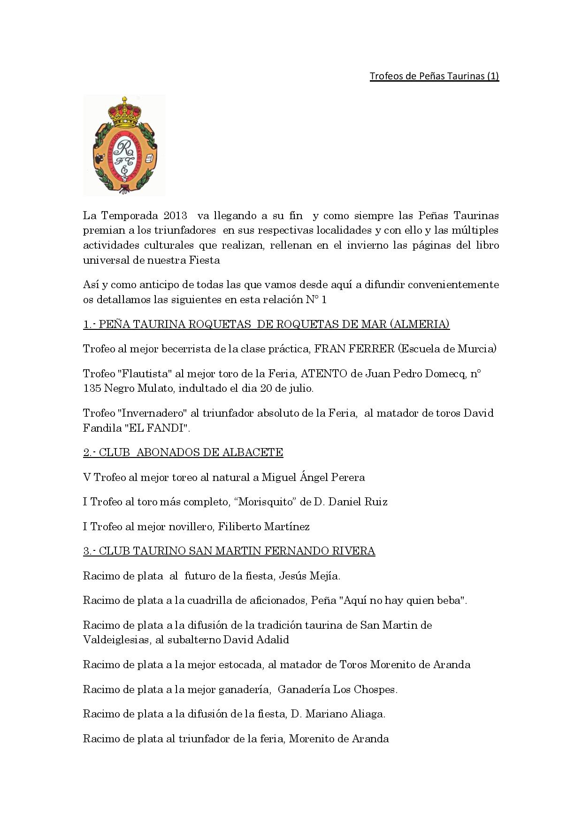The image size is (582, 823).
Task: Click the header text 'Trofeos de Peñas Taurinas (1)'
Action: point(434,76)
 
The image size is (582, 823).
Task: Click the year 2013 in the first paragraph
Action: point(176,216)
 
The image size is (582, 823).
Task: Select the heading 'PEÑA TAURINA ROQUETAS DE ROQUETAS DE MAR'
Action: point(266,324)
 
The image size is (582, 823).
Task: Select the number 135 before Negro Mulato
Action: point(92,389)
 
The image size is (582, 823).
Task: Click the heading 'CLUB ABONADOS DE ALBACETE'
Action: point(183,453)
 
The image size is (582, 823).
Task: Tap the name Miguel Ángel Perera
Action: point(313,478)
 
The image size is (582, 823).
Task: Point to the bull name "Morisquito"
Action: point(264,502)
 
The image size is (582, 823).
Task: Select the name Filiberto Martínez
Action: point(263,526)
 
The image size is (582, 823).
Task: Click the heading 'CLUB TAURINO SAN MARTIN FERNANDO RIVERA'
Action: point(229,551)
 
